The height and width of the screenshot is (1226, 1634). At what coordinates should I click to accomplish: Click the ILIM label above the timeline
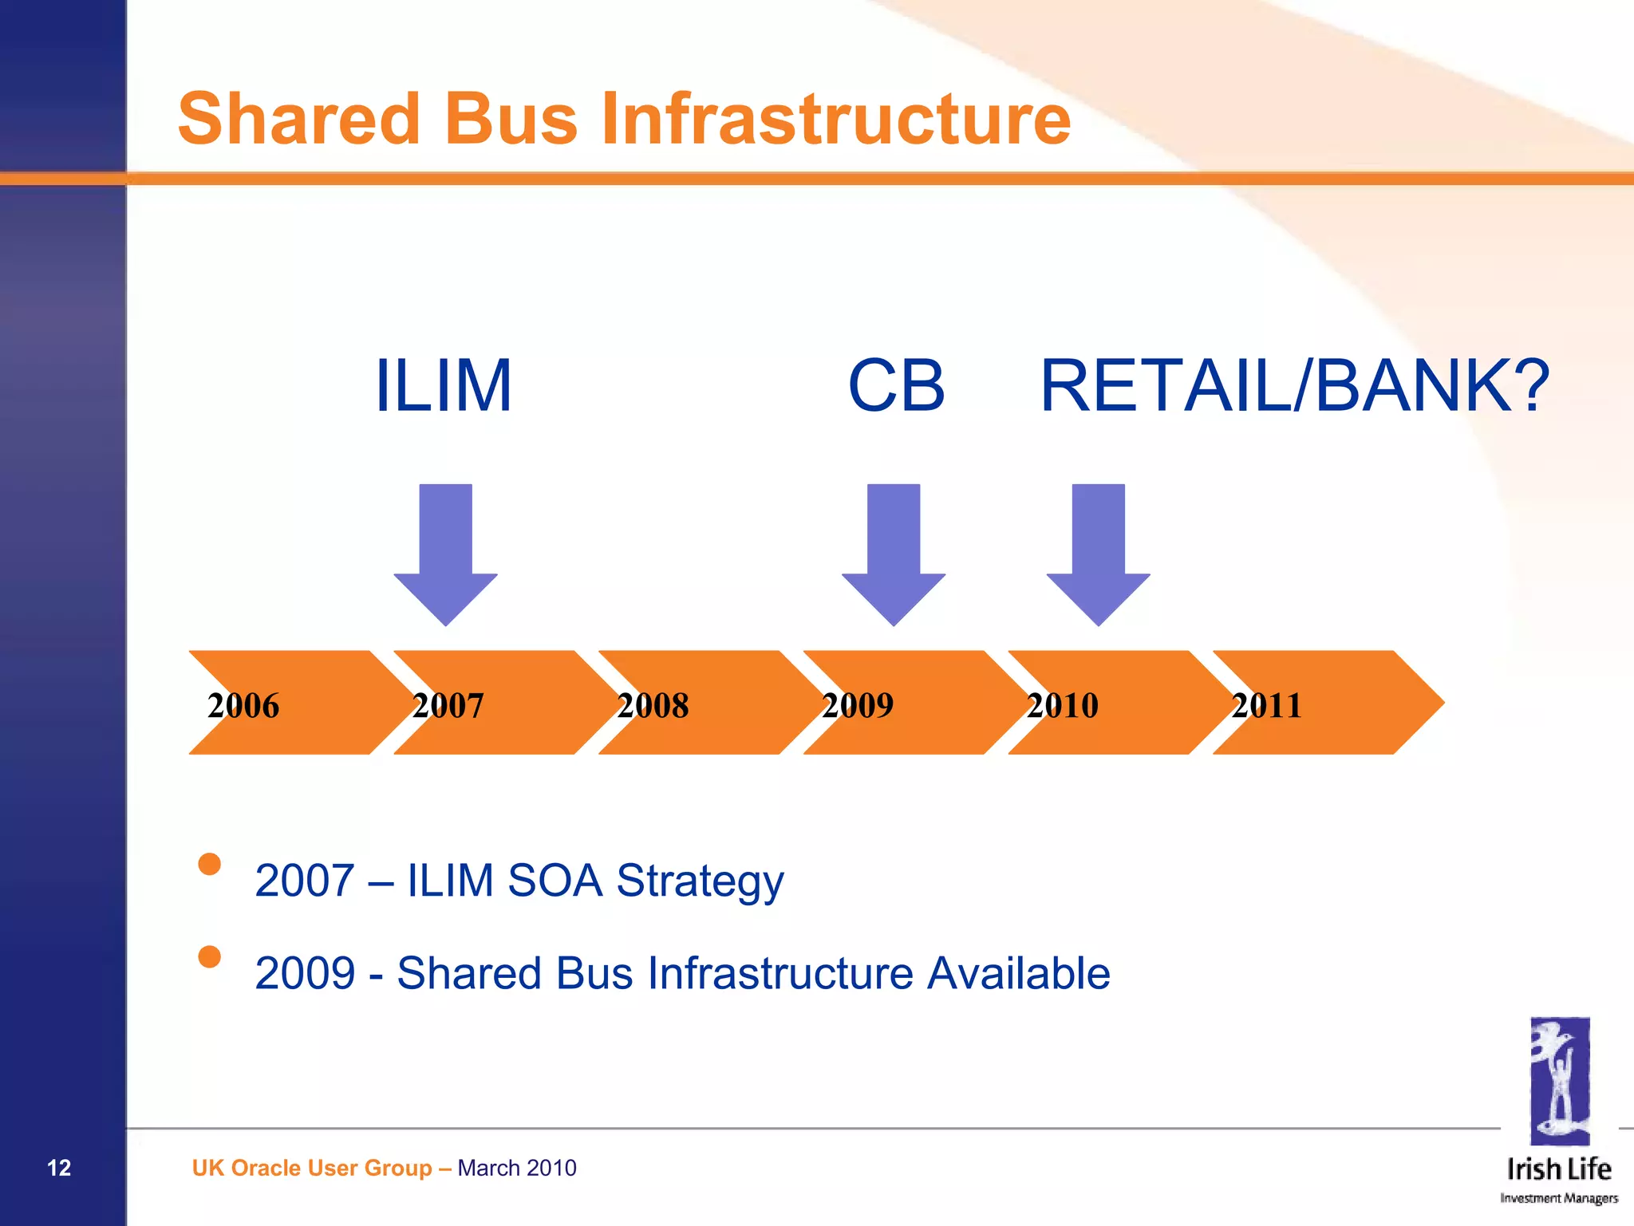[x=443, y=386]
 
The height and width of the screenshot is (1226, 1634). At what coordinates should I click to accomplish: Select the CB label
[x=896, y=386]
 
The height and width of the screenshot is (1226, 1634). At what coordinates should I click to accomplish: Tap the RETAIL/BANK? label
[x=1294, y=386]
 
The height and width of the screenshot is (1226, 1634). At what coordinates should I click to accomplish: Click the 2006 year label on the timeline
[x=243, y=705]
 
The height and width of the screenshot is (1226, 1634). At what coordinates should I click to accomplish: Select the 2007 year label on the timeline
[x=448, y=705]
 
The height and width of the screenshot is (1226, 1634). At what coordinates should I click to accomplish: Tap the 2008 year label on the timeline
[x=653, y=705]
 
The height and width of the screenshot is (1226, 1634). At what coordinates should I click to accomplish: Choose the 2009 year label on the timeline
[x=858, y=705]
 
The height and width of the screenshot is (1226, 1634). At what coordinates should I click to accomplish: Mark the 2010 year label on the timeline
[x=1062, y=705]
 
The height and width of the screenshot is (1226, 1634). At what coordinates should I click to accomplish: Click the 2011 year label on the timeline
[x=1266, y=705]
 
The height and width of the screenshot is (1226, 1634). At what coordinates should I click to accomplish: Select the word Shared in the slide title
[x=298, y=119]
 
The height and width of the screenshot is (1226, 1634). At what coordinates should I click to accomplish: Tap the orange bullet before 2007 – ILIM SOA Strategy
[x=209, y=864]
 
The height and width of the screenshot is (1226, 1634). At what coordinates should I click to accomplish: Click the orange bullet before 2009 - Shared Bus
[x=209, y=956]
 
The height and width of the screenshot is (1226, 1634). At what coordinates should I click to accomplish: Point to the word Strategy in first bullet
[x=700, y=881]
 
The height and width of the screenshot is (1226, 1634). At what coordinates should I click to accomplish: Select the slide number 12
[x=59, y=1168]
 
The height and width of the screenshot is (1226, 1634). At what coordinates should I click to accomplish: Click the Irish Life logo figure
[x=1559, y=1081]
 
